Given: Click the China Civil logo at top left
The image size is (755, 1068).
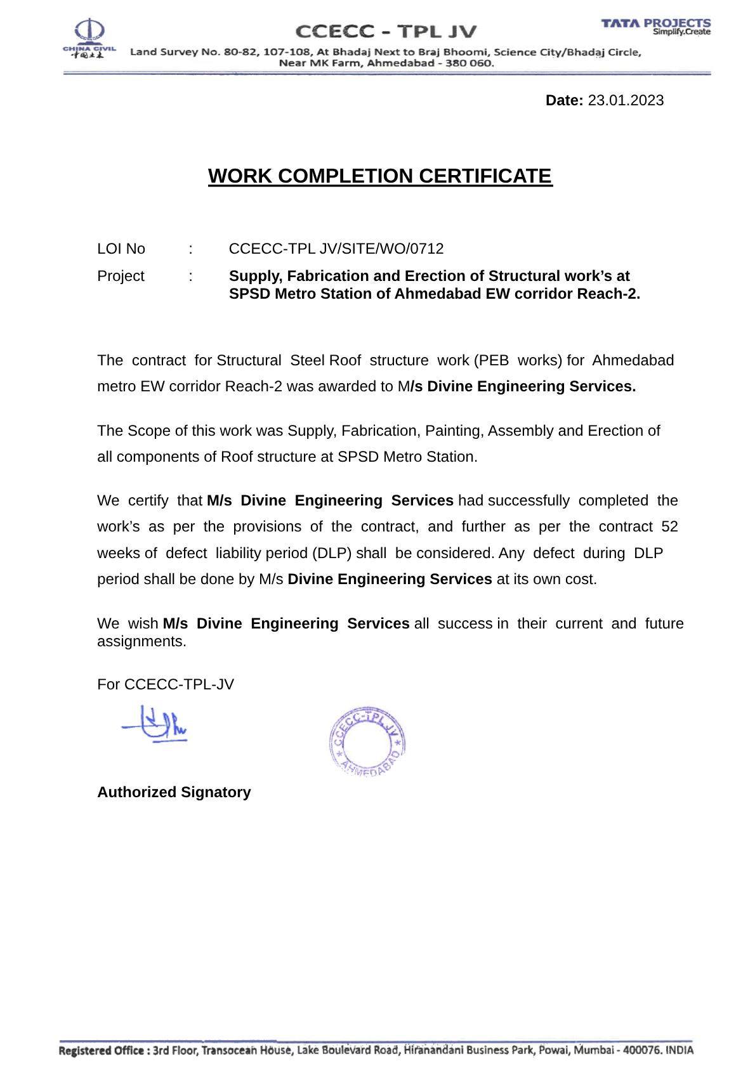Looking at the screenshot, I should pos(89,38).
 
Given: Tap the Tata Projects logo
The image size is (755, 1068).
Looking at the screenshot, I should pos(655,27).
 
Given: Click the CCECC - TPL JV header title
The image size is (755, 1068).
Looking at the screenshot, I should pos(386,31).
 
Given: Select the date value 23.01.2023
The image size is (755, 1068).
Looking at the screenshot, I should pos(626,100).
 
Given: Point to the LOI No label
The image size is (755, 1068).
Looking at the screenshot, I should pos(121,249).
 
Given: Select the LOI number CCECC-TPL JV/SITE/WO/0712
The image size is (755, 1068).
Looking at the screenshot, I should pos(336,249).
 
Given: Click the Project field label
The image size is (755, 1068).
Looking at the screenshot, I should pos(121,276).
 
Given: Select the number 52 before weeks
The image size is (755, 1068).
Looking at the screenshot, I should pos(669,526).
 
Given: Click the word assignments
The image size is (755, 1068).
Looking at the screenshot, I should pos(141,641).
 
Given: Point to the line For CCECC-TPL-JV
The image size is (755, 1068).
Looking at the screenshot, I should pos(166,684).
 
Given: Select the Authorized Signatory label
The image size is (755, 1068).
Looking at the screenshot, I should pos(174,792).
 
